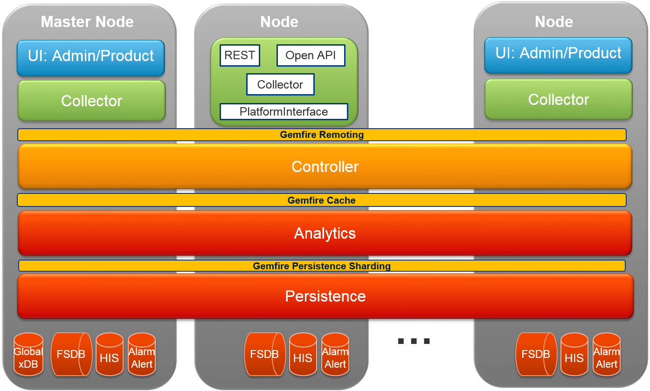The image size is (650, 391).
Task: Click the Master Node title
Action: [87, 22]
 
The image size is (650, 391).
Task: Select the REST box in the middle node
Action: [240, 55]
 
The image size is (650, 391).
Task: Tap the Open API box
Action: [311, 55]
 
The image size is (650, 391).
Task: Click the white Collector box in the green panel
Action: [280, 85]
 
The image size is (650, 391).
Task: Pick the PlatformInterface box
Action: [284, 112]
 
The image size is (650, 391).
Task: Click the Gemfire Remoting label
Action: [322, 135]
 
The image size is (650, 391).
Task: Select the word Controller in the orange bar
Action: [325, 166]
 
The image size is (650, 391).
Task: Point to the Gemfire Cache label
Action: [322, 200]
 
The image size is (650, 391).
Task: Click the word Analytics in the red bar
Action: [325, 233]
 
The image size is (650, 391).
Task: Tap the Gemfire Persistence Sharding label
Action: [322, 266]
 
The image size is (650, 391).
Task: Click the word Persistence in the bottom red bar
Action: [325, 296]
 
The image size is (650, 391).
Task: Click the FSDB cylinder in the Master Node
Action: [71, 355]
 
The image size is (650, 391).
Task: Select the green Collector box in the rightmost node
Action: [559, 99]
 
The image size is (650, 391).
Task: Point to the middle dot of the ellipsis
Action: [414, 341]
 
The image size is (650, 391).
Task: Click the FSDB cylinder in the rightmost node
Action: [536, 355]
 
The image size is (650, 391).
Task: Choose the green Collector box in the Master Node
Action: [91, 101]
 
